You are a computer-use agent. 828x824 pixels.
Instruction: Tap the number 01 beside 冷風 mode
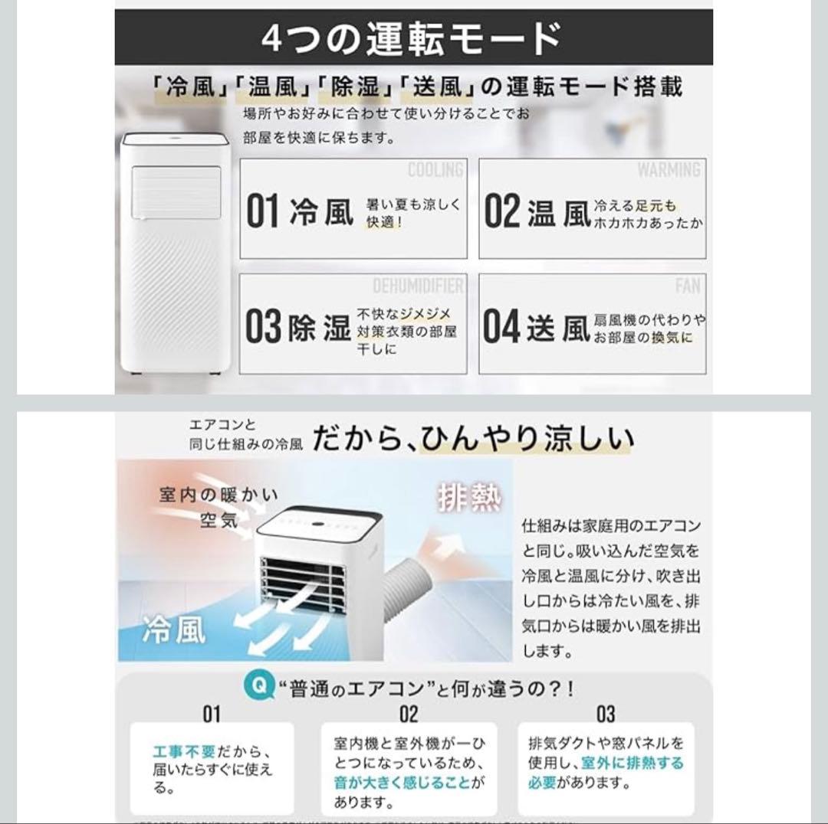pos(262,212)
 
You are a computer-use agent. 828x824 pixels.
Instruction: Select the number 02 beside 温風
pos(502,212)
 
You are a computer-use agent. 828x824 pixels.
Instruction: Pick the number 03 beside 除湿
pos(263,327)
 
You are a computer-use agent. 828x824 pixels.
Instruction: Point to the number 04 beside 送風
pos(501,327)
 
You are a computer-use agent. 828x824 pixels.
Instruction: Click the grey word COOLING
pos(435,170)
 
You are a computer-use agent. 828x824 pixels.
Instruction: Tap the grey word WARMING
pos(669,170)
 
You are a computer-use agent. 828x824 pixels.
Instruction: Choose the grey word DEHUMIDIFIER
pos(418,286)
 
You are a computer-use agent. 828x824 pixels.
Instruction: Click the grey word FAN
pos(688,286)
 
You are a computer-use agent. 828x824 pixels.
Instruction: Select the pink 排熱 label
pos(469,499)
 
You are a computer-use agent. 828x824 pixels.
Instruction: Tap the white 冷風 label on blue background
pos(174,630)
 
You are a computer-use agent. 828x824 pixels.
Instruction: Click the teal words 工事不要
pos(184,752)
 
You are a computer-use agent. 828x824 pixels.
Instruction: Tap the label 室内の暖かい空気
pos(219,507)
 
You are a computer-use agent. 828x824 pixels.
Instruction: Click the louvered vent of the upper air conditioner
pos(176,189)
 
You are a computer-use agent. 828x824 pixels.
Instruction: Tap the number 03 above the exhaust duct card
pos(605,714)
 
